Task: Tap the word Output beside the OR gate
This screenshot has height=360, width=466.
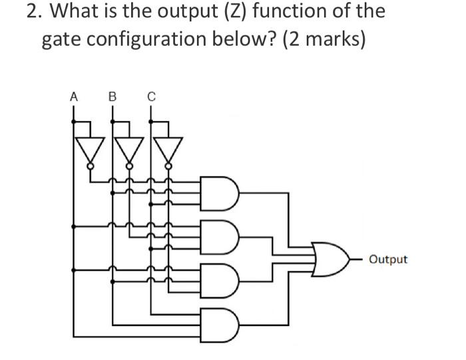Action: point(387,259)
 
